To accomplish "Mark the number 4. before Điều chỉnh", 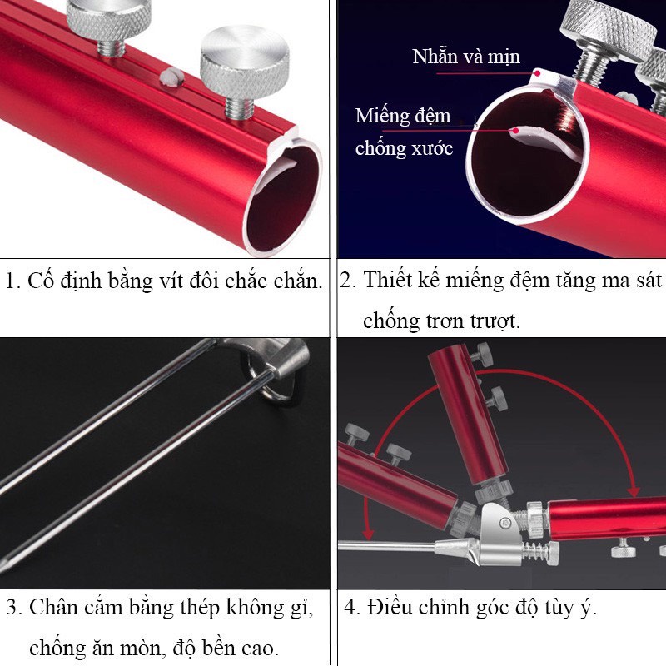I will pyautogui.click(x=352, y=607).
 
